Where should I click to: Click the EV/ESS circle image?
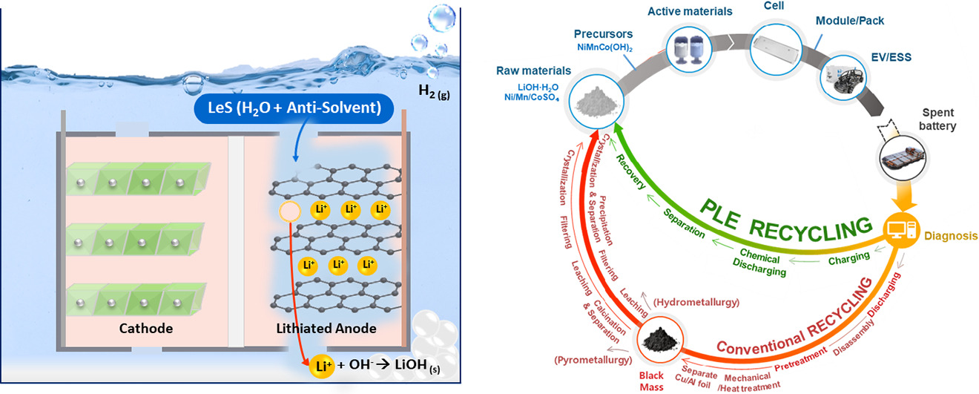(845, 74)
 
